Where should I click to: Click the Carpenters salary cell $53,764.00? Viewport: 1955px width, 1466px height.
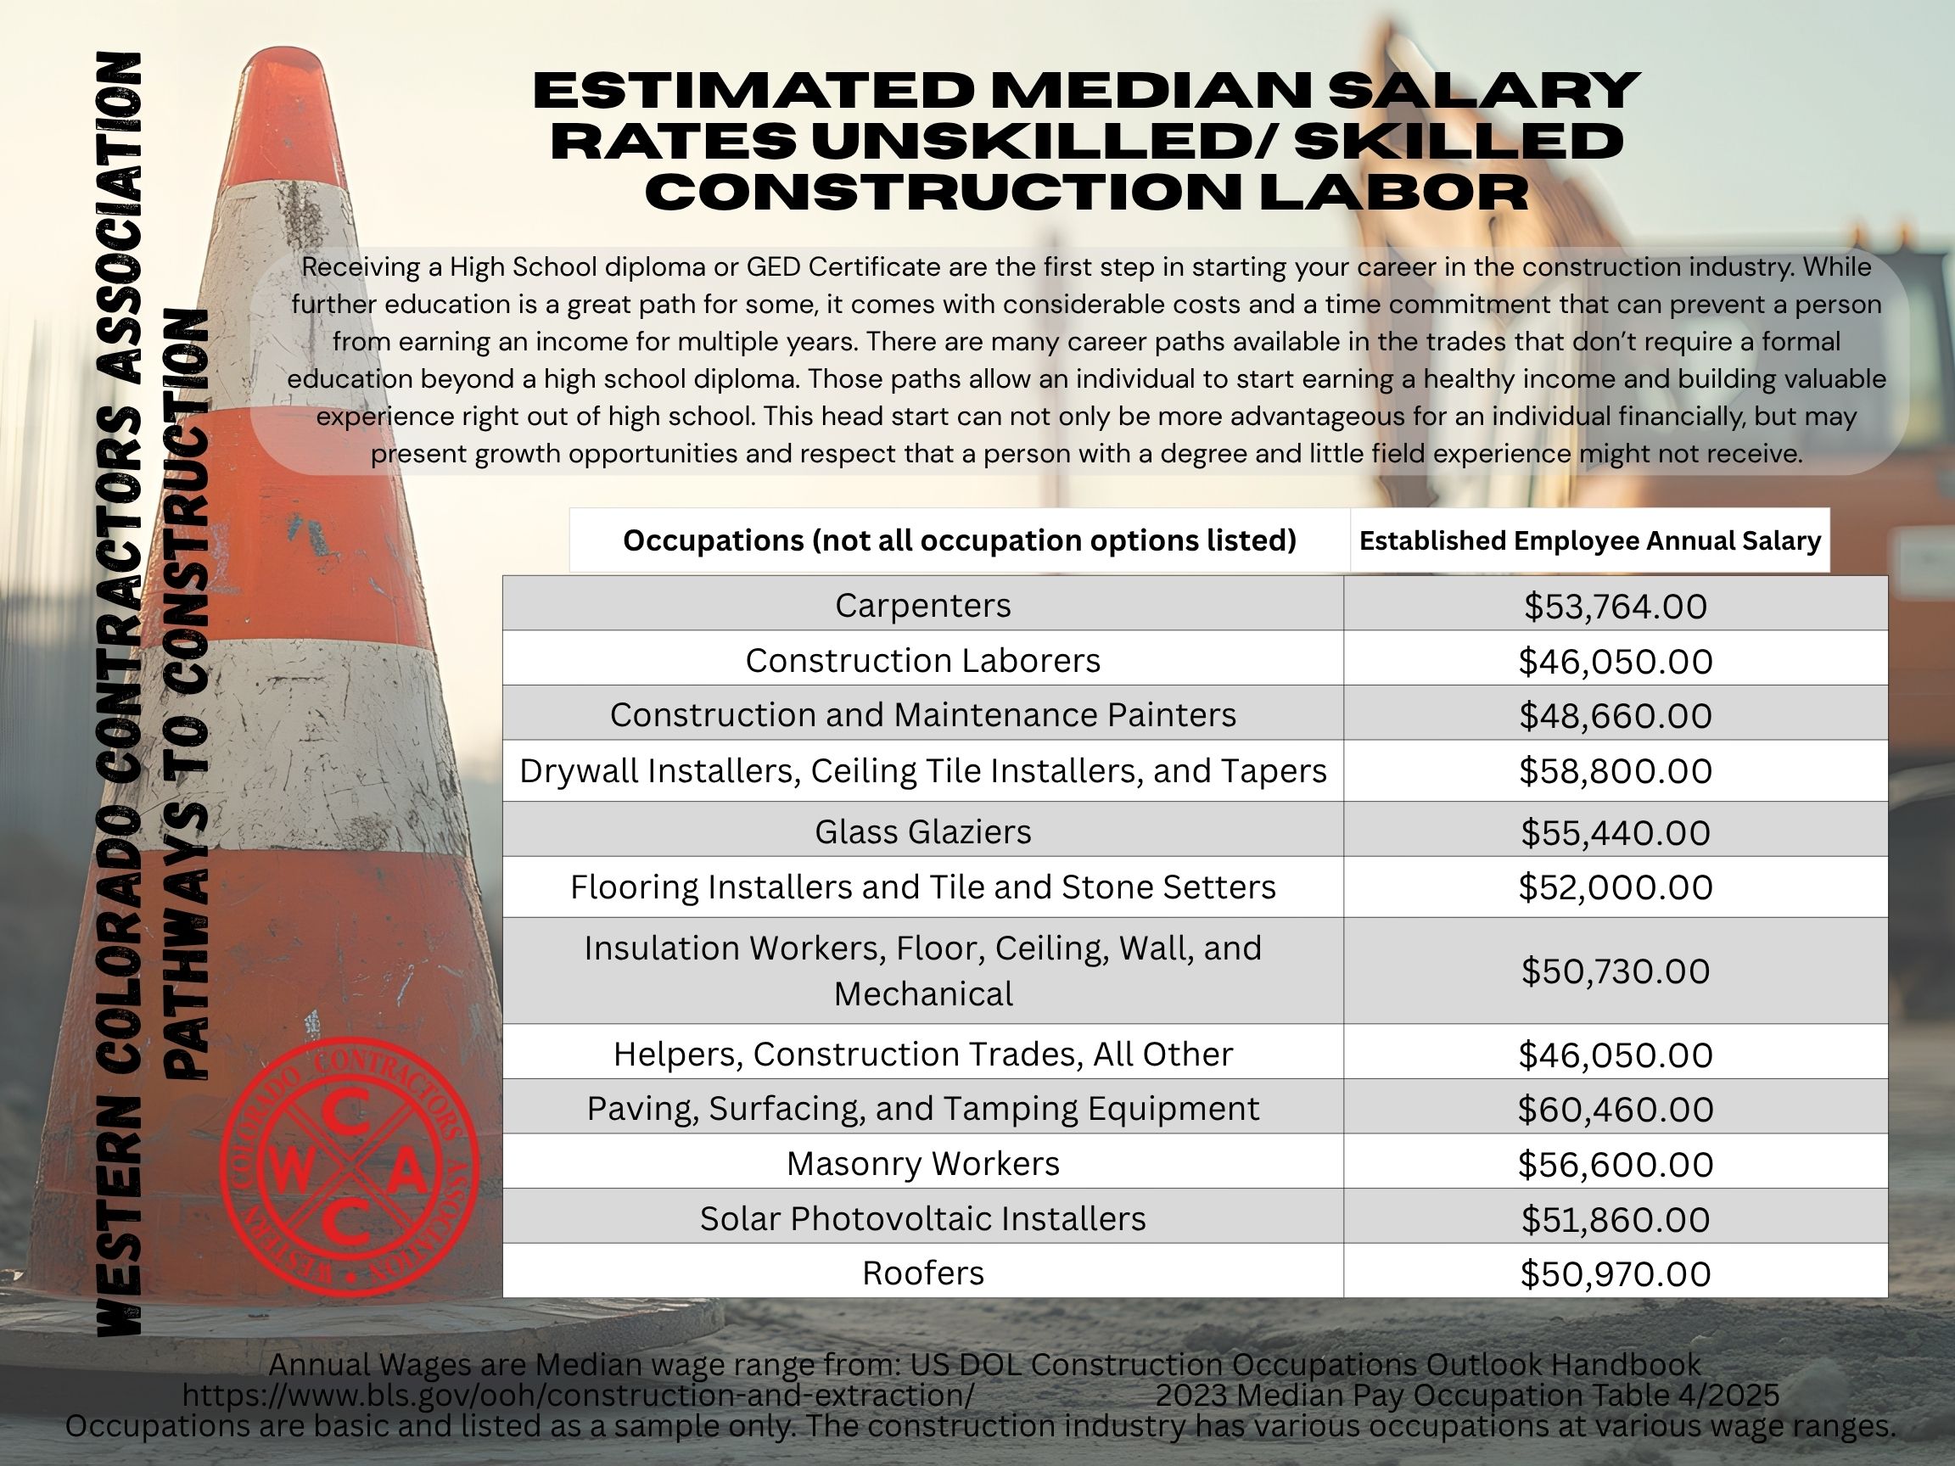(1615, 607)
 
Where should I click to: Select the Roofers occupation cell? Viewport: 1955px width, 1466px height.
(922, 1273)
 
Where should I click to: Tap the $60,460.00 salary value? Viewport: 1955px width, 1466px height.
(1615, 1109)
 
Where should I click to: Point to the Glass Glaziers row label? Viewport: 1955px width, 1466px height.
(922, 831)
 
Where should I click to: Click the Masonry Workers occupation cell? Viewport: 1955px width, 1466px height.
(922, 1164)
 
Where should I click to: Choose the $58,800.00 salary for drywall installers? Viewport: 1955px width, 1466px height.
(1615, 770)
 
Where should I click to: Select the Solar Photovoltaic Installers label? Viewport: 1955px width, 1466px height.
(922, 1218)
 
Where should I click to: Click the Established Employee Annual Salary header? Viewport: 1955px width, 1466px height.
(1589, 540)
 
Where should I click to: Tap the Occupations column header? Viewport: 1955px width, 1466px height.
(959, 540)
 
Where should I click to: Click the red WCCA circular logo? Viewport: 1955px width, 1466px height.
(349, 1167)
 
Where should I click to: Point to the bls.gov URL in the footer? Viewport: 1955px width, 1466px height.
(578, 1396)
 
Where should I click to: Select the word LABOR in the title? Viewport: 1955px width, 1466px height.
(1394, 192)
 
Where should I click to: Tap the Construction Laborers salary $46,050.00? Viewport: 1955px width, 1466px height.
(1615, 661)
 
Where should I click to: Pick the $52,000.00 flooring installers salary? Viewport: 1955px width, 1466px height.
(1615, 887)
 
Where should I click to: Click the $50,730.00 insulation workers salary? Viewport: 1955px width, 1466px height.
(1615, 971)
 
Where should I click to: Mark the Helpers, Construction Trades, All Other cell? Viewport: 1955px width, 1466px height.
(922, 1054)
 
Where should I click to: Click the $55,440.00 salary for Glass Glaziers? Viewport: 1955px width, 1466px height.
(1615, 832)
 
